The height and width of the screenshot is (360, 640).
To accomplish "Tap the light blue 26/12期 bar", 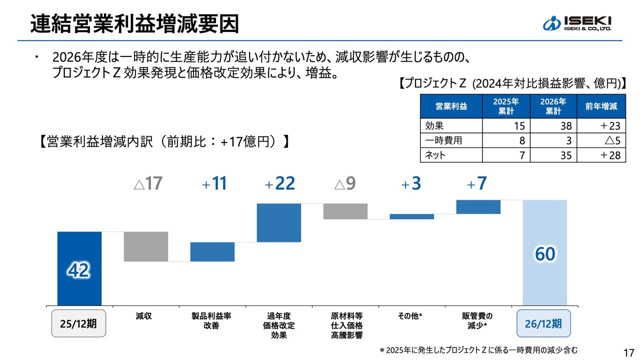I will tap(544, 252).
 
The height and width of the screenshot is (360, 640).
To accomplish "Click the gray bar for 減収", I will tap(145, 246).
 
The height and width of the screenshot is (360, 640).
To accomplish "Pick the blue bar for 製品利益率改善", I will tap(212, 251).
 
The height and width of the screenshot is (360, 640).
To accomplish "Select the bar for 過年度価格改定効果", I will tap(279, 222).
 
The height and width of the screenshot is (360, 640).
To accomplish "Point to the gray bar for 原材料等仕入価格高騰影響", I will tap(345, 211).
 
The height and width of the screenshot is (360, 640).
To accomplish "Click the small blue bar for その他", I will tap(412, 216).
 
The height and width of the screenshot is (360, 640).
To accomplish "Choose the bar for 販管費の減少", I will tap(478, 207).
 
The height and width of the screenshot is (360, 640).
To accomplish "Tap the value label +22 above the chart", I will tap(280, 184).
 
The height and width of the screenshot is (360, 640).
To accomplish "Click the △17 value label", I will tap(148, 184).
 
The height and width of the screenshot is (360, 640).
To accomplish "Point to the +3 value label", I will tap(411, 184).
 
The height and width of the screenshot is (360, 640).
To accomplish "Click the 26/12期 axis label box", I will tap(543, 323).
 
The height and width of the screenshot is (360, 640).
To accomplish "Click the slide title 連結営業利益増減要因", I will tap(134, 23).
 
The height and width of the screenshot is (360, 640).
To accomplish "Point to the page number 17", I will tap(629, 351).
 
